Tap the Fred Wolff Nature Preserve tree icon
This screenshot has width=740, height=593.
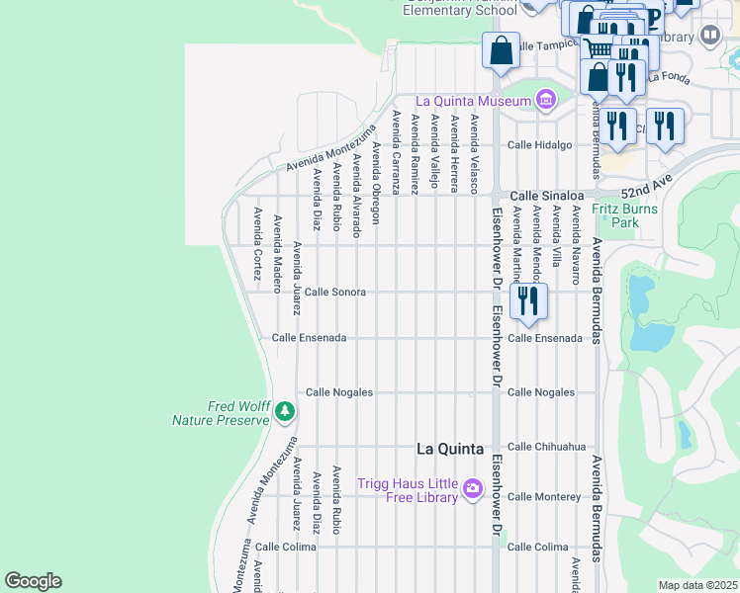point(285,409)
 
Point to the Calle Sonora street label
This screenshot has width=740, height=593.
point(334,293)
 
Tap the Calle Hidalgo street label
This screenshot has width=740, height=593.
point(540,145)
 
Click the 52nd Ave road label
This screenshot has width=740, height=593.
point(646,189)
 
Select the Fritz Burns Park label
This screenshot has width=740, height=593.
point(628,215)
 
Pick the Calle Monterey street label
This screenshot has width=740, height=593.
point(543,496)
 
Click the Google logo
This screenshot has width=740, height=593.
point(33,581)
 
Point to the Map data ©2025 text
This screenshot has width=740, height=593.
point(697,585)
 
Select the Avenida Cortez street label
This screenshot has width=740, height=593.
point(257,244)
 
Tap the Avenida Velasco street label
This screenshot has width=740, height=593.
point(475,153)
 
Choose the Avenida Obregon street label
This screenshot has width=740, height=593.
point(376,183)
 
